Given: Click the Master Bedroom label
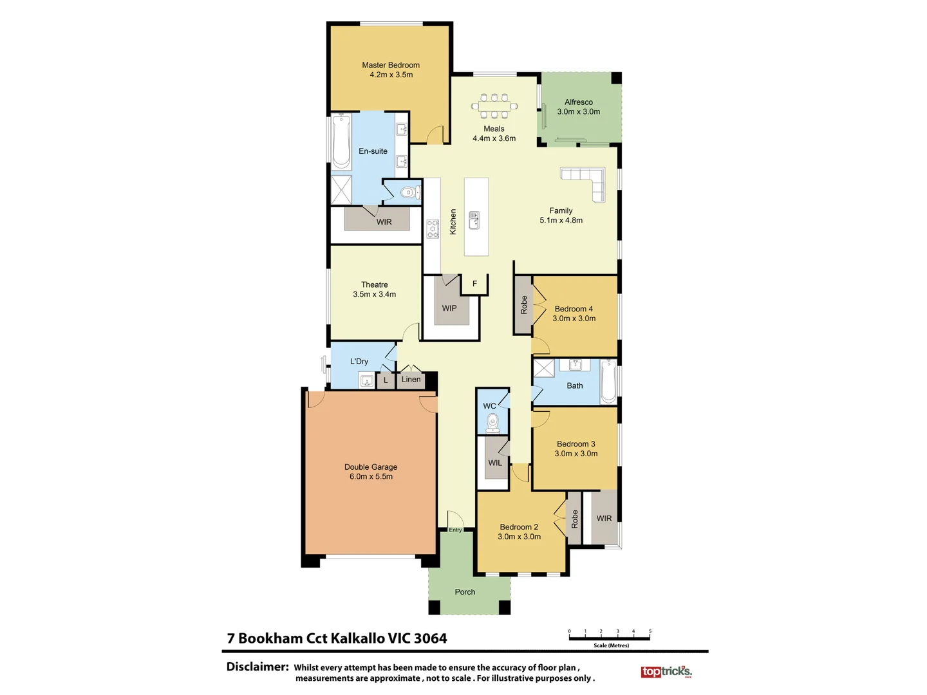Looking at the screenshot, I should (391, 65).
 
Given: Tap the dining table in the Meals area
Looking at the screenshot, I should (494, 106).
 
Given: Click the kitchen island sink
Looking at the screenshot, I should (474, 220).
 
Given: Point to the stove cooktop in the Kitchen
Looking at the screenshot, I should (433, 228).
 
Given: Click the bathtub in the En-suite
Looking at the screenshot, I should (341, 142).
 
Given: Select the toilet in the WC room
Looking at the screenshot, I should (493, 423).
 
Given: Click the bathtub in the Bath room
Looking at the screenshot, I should (608, 382).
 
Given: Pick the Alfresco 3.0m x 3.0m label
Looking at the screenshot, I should (579, 107).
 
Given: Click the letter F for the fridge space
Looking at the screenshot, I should (475, 284).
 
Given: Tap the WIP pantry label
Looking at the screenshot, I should (449, 308).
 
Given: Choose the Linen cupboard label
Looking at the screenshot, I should (411, 380).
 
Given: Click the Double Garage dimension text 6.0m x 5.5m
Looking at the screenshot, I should (371, 477).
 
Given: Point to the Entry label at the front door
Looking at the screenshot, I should (455, 530).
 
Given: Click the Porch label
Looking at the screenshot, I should (465, 592).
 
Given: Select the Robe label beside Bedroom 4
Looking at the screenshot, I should (524, 305).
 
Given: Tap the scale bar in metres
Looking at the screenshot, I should (610, 638).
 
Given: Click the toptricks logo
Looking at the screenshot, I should (666, 672).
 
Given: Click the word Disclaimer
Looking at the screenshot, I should (257, 667).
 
